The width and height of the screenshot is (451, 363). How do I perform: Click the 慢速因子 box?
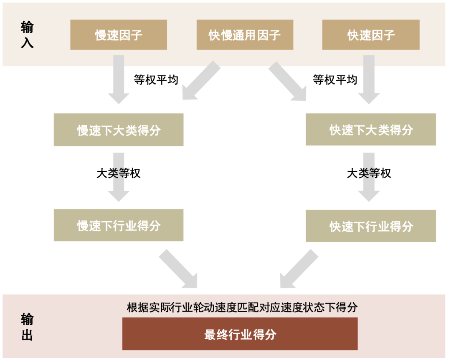point(119,35)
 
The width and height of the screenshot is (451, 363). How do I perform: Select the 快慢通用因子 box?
point(245,35)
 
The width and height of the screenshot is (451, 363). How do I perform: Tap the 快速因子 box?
point(371,35)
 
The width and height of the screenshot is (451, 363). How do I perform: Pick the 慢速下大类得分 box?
point(119,130)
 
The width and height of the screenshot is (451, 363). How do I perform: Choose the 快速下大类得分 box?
point(371,130)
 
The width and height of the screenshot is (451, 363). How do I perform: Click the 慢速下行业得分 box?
point(119,225)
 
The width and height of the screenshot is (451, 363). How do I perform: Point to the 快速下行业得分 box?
point(371,226)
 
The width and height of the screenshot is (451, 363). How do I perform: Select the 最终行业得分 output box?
point(240,334)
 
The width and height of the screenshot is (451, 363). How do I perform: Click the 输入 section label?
point(27,35)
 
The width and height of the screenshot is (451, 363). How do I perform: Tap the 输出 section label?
point(27,327)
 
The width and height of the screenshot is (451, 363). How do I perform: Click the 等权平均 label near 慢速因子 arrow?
point(156,80)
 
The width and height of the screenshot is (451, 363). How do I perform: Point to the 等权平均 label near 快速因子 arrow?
point(335,80)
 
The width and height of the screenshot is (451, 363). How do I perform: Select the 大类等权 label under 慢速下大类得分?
point(119,173)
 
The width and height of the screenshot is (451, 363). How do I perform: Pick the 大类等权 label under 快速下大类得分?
point(369,173)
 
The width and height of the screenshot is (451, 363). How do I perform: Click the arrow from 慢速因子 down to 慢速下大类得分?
point(119,79)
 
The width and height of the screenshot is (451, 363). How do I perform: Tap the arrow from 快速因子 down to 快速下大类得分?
point(369,79)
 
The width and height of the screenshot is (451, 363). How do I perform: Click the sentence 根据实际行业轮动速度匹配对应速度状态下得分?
point(242,308)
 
